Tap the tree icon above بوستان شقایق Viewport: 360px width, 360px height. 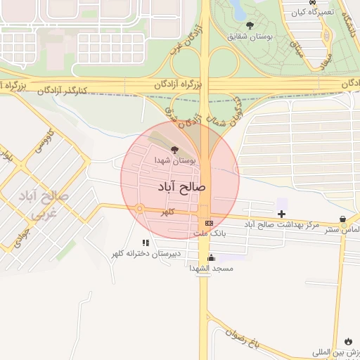click(250, 25)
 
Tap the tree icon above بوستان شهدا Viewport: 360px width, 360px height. click(174, 149)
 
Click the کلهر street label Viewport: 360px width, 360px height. click(167, 212)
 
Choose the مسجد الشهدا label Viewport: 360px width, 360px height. click(212, 269)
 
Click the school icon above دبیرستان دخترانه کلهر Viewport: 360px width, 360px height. click(146, 243)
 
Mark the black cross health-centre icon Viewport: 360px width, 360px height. click(282, 213)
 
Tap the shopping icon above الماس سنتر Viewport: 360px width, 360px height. click(342, 219)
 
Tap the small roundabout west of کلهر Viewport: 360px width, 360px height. click(140, 208)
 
